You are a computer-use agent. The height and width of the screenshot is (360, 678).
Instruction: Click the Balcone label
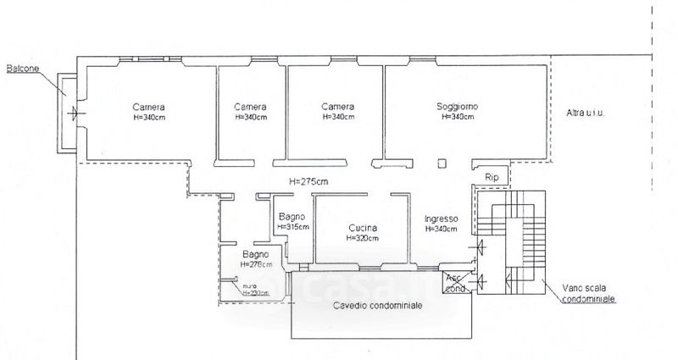24,68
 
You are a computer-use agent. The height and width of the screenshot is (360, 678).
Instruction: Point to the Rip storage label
492,177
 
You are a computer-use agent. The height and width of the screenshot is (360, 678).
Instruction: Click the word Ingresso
442,218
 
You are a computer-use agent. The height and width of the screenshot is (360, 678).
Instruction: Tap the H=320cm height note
365,238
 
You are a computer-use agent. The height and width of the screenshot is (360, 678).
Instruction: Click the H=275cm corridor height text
308,180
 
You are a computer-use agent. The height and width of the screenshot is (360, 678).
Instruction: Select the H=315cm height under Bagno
293,227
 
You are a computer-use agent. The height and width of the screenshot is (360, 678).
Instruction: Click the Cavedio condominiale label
376,306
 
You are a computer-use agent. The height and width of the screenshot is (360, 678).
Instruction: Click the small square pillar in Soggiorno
441,163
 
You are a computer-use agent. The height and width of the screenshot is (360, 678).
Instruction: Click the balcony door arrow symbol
74,112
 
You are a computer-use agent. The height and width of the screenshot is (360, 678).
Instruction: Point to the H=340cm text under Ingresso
442,229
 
